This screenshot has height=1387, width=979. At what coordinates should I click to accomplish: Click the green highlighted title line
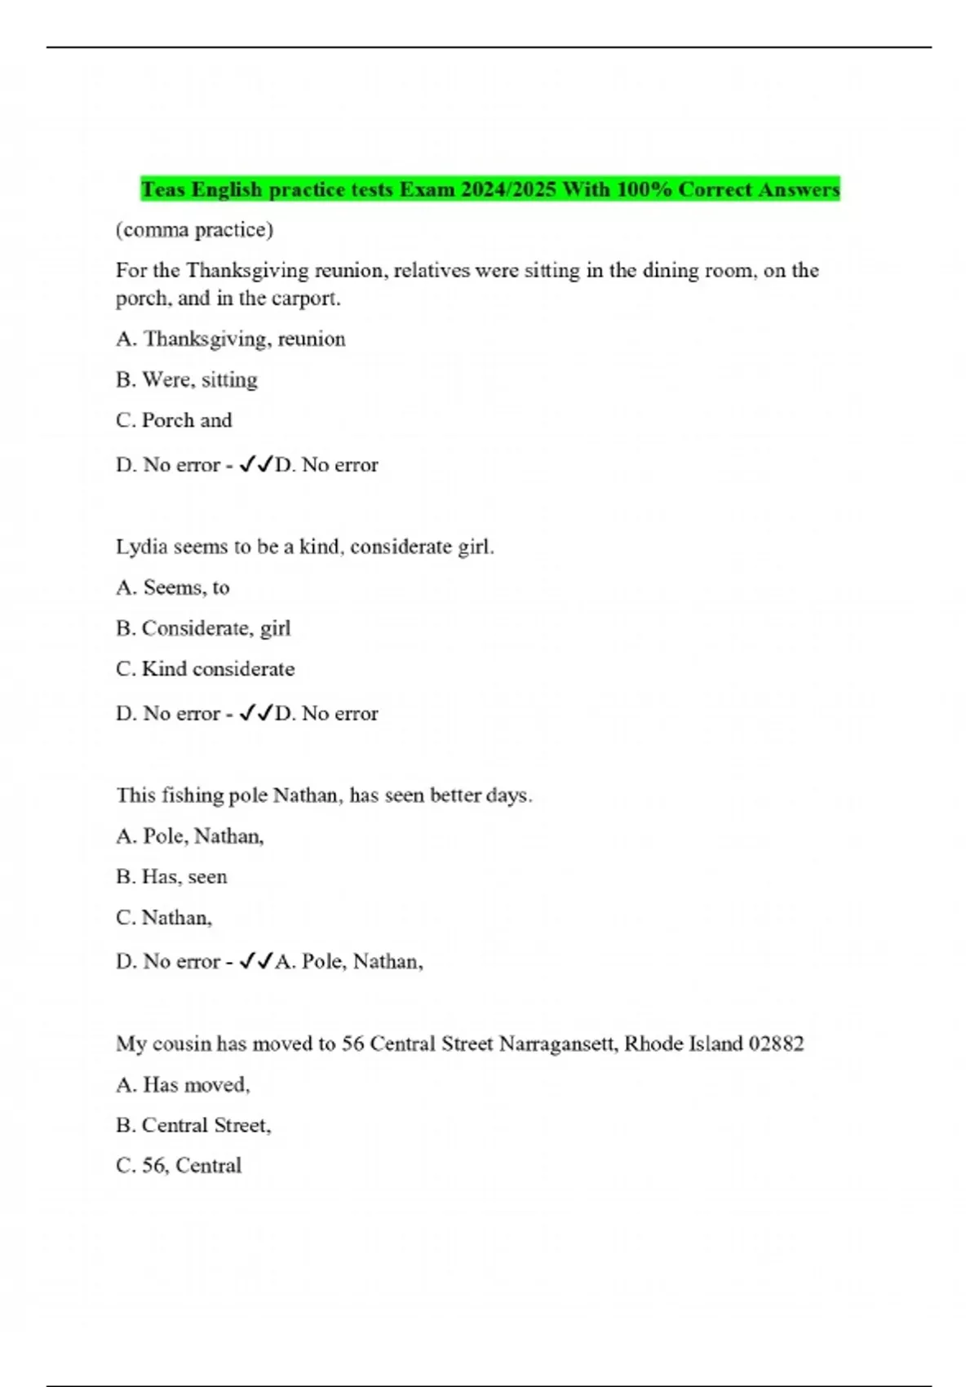[489, 189]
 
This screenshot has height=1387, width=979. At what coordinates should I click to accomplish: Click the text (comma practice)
[194, 230]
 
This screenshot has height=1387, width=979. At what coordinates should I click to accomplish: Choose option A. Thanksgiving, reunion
[231, 339]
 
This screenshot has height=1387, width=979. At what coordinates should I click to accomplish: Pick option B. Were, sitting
[187, 380]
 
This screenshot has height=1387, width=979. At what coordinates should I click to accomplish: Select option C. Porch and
[174, 420]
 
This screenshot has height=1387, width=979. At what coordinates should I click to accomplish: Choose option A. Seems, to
[173, 587]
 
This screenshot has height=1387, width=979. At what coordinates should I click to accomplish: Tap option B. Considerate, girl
[203, 628]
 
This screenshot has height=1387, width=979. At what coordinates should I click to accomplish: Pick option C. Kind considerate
[206, 669]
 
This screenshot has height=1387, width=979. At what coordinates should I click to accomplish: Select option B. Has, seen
[171, 877]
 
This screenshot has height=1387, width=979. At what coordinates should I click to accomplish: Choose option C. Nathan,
[164, 918]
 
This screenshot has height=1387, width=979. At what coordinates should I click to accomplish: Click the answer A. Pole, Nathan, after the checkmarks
[349, 962]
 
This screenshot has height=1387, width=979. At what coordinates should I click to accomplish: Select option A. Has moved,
[183, 1085]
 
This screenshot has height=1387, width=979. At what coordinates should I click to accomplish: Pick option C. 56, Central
[179, 1166]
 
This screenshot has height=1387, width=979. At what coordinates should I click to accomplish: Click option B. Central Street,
[193, 1126]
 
